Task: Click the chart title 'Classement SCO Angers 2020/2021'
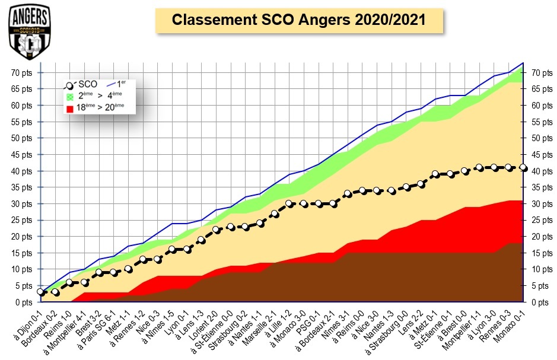(298, 20)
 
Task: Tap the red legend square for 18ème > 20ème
(71, 107)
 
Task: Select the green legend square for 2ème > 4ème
(71, 96)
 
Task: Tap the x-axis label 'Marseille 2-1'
(261, 327)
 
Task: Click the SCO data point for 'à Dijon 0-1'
(40, 292)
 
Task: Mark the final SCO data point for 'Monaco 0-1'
(523, 167)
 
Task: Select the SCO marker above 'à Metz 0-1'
(435, 174)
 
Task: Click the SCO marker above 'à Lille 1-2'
(289, 203)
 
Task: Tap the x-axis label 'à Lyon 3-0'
(480, 324)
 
